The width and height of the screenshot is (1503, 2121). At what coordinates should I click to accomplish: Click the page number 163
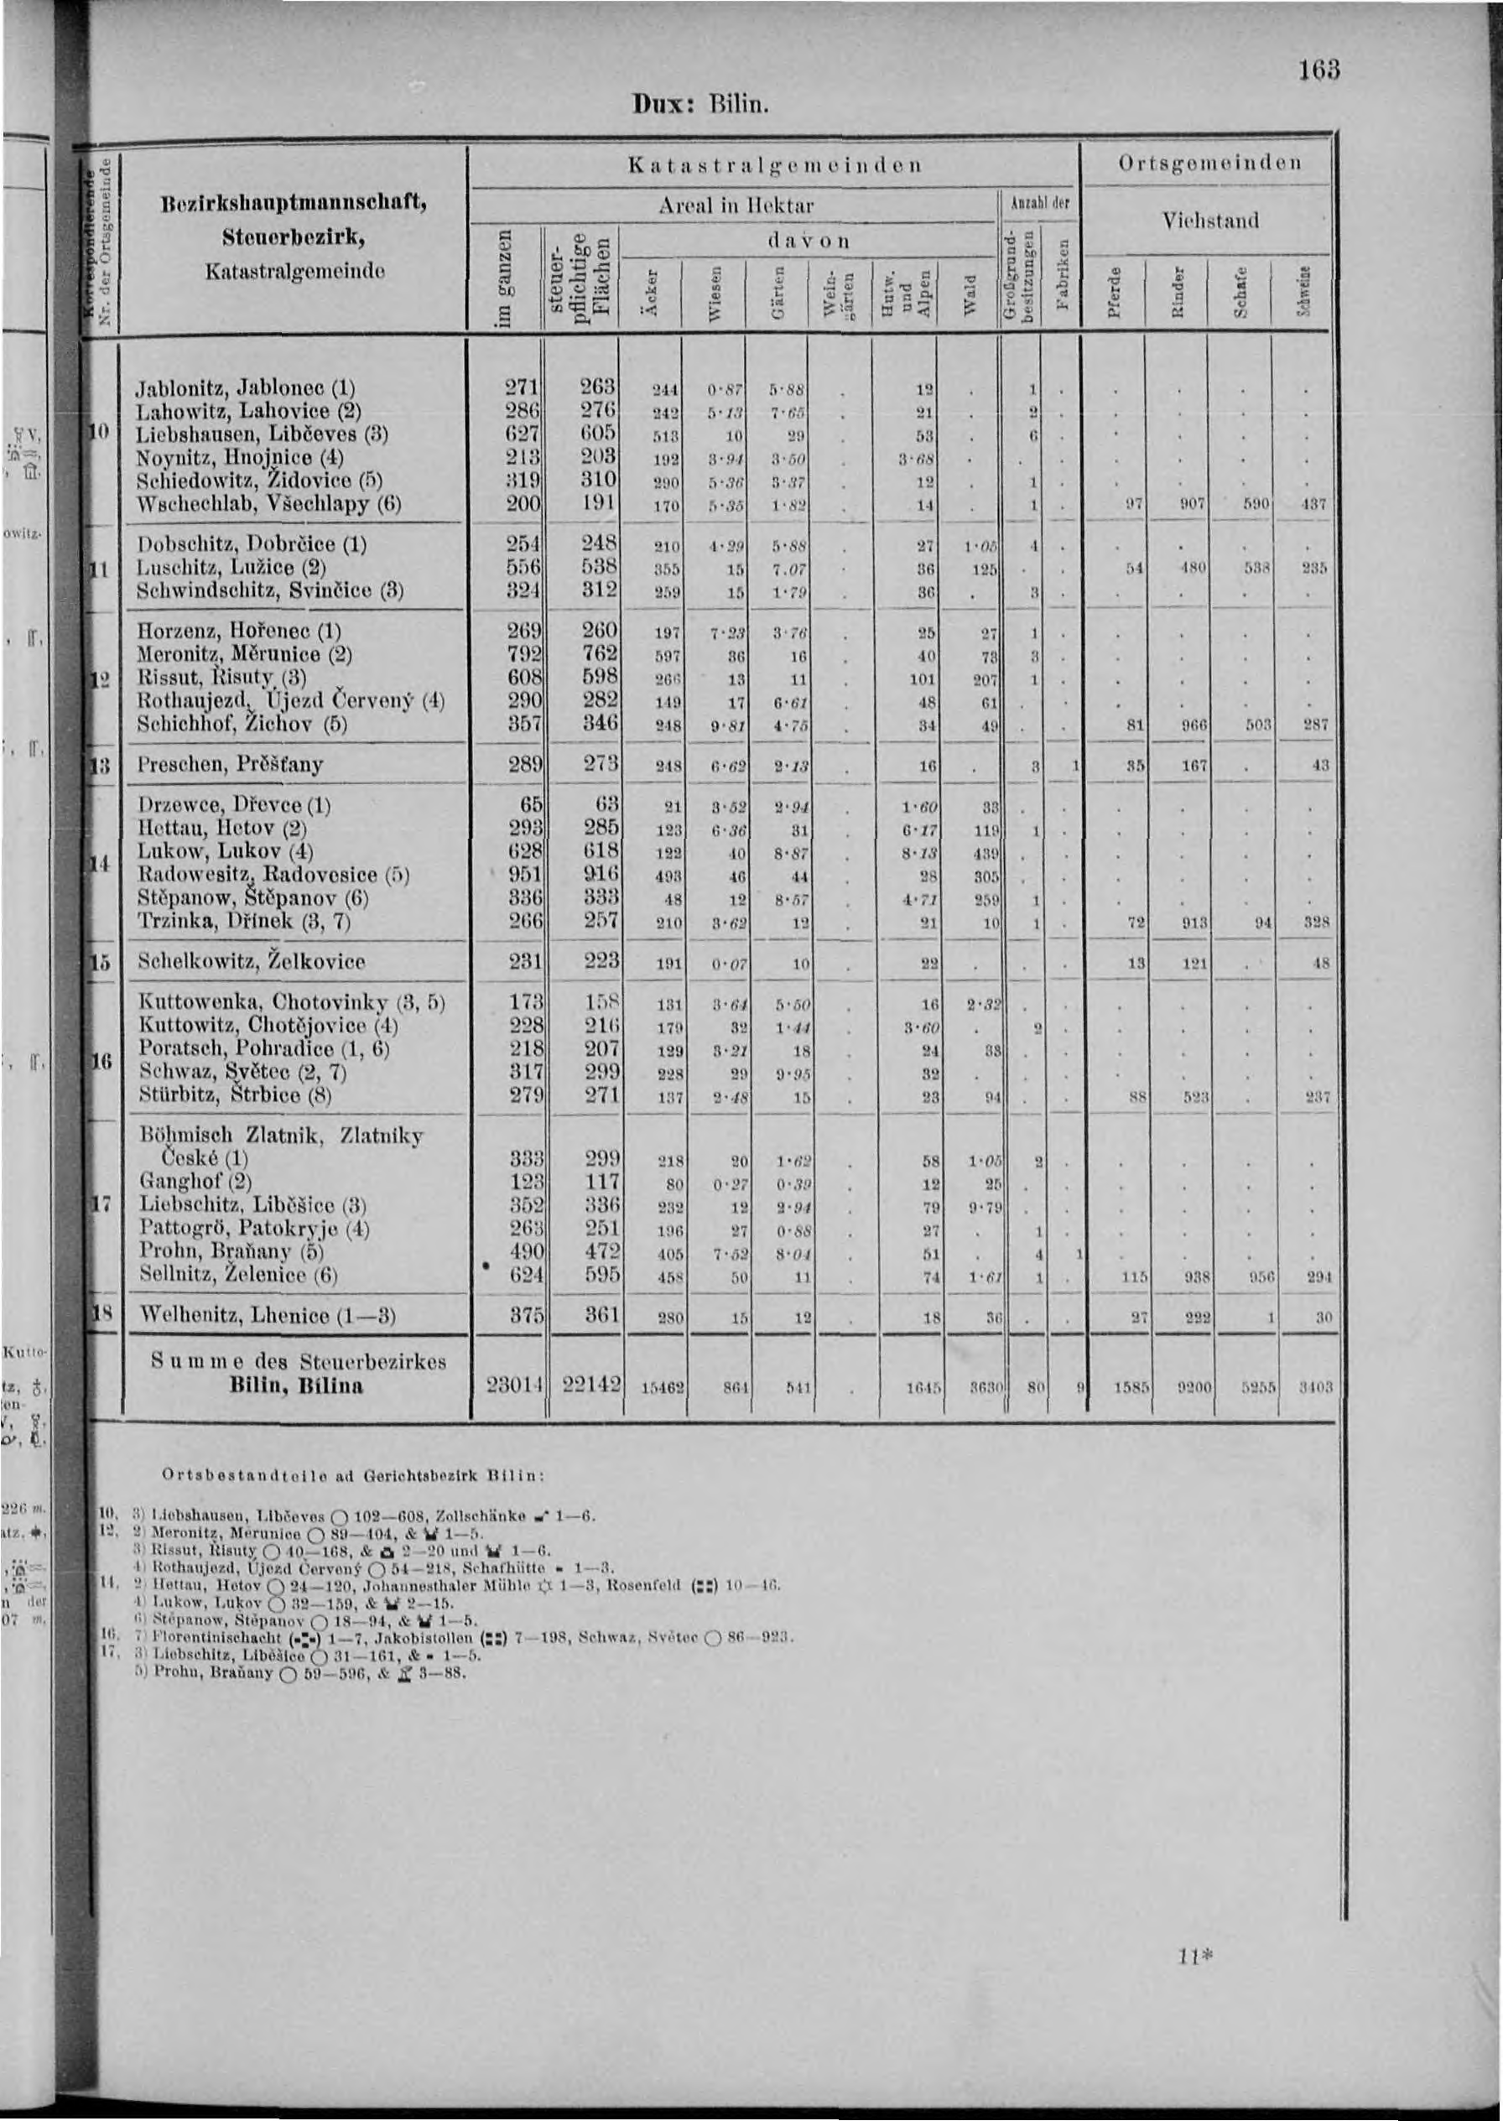pos(1318,70)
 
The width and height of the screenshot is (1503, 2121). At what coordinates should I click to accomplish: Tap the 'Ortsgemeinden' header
pos(1209,164)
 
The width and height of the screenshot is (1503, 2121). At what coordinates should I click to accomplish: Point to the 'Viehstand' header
pos(1209,221)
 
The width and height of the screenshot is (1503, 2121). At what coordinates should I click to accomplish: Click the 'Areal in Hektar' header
pos(736,205)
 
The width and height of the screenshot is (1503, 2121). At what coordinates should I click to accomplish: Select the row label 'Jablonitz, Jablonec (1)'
pos(245,387)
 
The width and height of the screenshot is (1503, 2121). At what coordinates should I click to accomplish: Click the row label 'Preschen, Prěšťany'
pos(230,766)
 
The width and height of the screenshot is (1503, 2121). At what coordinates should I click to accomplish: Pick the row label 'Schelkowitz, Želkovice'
pos(251,961)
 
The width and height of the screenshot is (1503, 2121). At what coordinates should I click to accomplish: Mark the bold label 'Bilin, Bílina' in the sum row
pos(298,1386)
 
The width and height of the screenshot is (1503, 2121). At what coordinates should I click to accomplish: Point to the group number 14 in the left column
pos(101,863)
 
